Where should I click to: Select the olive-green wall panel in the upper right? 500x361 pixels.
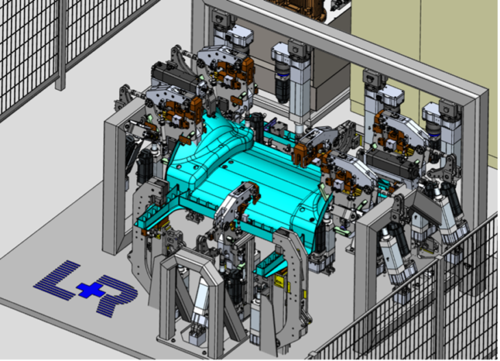click(425, 41)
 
